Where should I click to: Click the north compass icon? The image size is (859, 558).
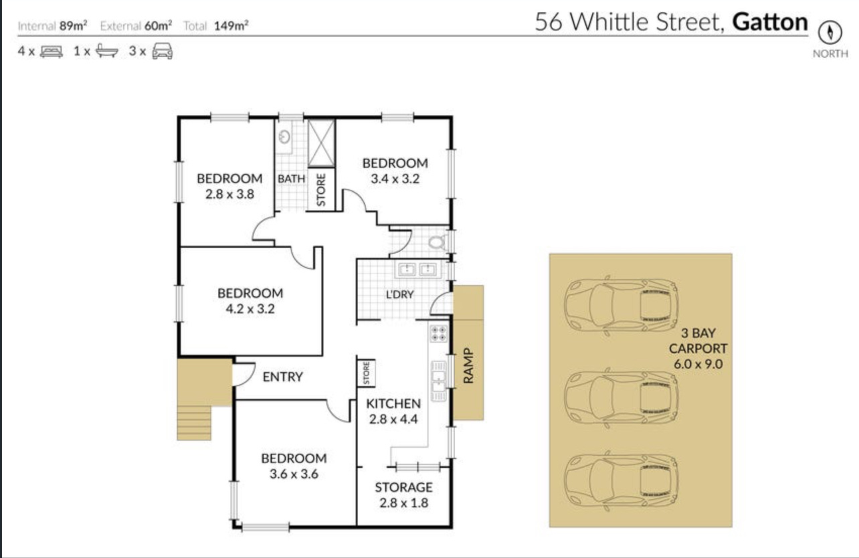(x=830, y=32)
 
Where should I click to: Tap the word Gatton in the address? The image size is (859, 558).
(x=770, y=22)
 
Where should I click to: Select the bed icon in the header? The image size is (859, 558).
(x=52, y=52)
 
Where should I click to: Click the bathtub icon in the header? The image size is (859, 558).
(x=107, y=51)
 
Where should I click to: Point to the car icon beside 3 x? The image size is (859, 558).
(x=163, y=52)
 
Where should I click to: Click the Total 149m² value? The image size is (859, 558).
(x=231, y=25)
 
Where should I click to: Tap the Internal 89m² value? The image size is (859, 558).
(x=73, y=25)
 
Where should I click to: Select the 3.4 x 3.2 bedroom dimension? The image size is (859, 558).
(x=395, y=179)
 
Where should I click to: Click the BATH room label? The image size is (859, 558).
(x=292, y=179)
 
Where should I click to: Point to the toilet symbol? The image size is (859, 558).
(x=437, y=242)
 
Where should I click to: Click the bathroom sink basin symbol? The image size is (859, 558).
(x=284, y=136)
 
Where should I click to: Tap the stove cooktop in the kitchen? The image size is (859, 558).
(x=438, y=334)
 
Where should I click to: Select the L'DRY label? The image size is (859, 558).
(x=399, y=294)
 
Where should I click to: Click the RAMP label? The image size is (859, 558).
(x=468, y=366)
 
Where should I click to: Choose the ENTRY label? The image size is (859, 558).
(x=282, y=377)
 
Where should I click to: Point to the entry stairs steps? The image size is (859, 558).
(x=194, y=423)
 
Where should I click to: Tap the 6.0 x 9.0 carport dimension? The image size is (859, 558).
(x=698, y=364)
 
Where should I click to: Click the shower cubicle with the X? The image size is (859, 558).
(x=321, y=143)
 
